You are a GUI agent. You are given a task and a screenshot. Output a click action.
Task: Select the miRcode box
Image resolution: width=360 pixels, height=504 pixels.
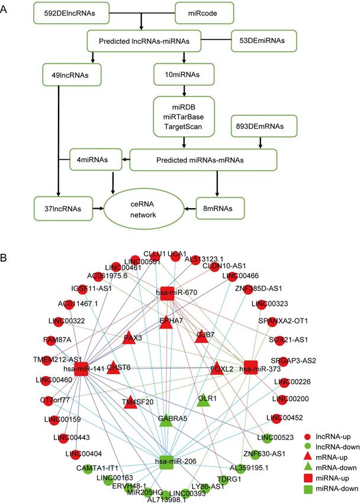click(x=201, y=12)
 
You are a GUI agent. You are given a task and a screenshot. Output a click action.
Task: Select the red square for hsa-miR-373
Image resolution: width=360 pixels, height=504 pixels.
click(x=252, y=366)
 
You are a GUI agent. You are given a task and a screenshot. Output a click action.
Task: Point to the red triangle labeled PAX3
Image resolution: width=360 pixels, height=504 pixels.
click(x=130, y=338)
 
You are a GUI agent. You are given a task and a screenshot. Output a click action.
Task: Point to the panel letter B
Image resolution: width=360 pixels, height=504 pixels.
click(x=5, y=243)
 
